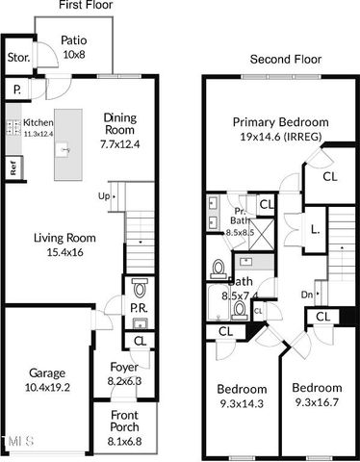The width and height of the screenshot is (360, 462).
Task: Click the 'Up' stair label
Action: click(x=104, y=196)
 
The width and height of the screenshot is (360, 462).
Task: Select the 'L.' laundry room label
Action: click(x=316, y=229)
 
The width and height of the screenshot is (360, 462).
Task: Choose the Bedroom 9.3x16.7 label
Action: click(x=317, y=396)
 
